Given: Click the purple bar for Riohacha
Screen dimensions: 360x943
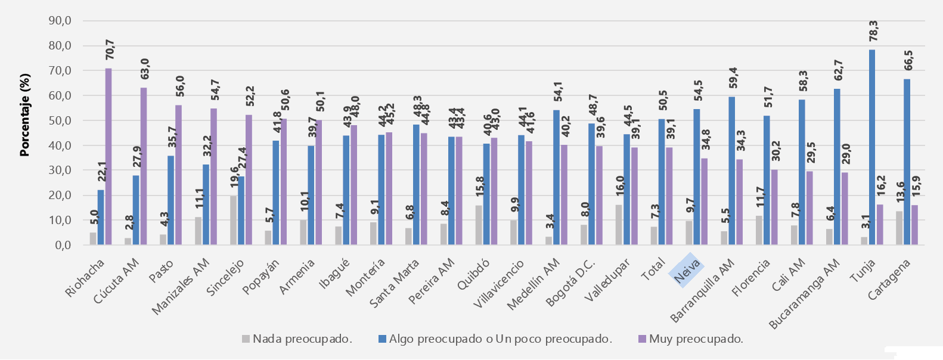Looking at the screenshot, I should tap(108, 156).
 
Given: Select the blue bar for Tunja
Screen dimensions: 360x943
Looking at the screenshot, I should tap(872, 147).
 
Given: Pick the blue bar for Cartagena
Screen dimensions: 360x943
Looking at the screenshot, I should tap(907, 162).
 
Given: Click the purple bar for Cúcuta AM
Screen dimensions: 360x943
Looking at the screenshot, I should tap(144, 166).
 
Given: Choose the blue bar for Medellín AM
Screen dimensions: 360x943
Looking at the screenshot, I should tap(556, 177).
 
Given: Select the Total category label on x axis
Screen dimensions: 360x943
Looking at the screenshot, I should tap(653, 272).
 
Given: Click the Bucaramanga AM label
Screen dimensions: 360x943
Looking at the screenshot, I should tap(805, 293).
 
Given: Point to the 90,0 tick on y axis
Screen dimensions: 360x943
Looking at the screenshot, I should tap(60, 21).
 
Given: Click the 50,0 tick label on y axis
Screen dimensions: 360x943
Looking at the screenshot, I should tap(60, 120).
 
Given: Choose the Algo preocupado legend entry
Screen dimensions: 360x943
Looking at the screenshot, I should tap(495, 339).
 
